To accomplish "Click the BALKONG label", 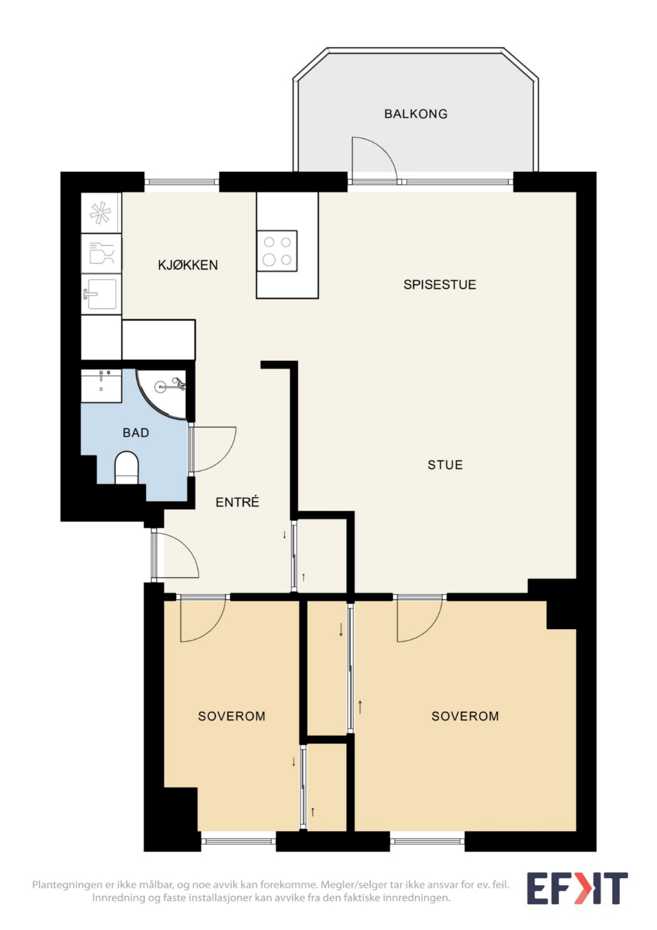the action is pyautogui.click(x=415, y=114).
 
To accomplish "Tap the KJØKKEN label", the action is pyautogui.click(x=188, y=265).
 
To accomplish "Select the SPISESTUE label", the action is pyautogui.click(x=440, y=284).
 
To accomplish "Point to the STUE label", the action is pyautogui.click(x=445, y=464).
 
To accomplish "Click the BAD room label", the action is pyautogui.click(x=136, y=433).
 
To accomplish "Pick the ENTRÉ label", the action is pyautogui.click(x=237, y=502).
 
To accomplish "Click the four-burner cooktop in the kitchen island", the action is pyautogui.click(x=277, y=251).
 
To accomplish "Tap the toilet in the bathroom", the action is pyautogui.click(x=126, y=468).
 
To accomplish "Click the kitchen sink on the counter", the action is pyautogui.click(x=101, y=294).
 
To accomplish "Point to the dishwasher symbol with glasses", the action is pyautogui.click(x=101, y=253).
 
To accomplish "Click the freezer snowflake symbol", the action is pyautogui.click(x=101, y=212).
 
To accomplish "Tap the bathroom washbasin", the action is pyautogui.click(x=101, y=385).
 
